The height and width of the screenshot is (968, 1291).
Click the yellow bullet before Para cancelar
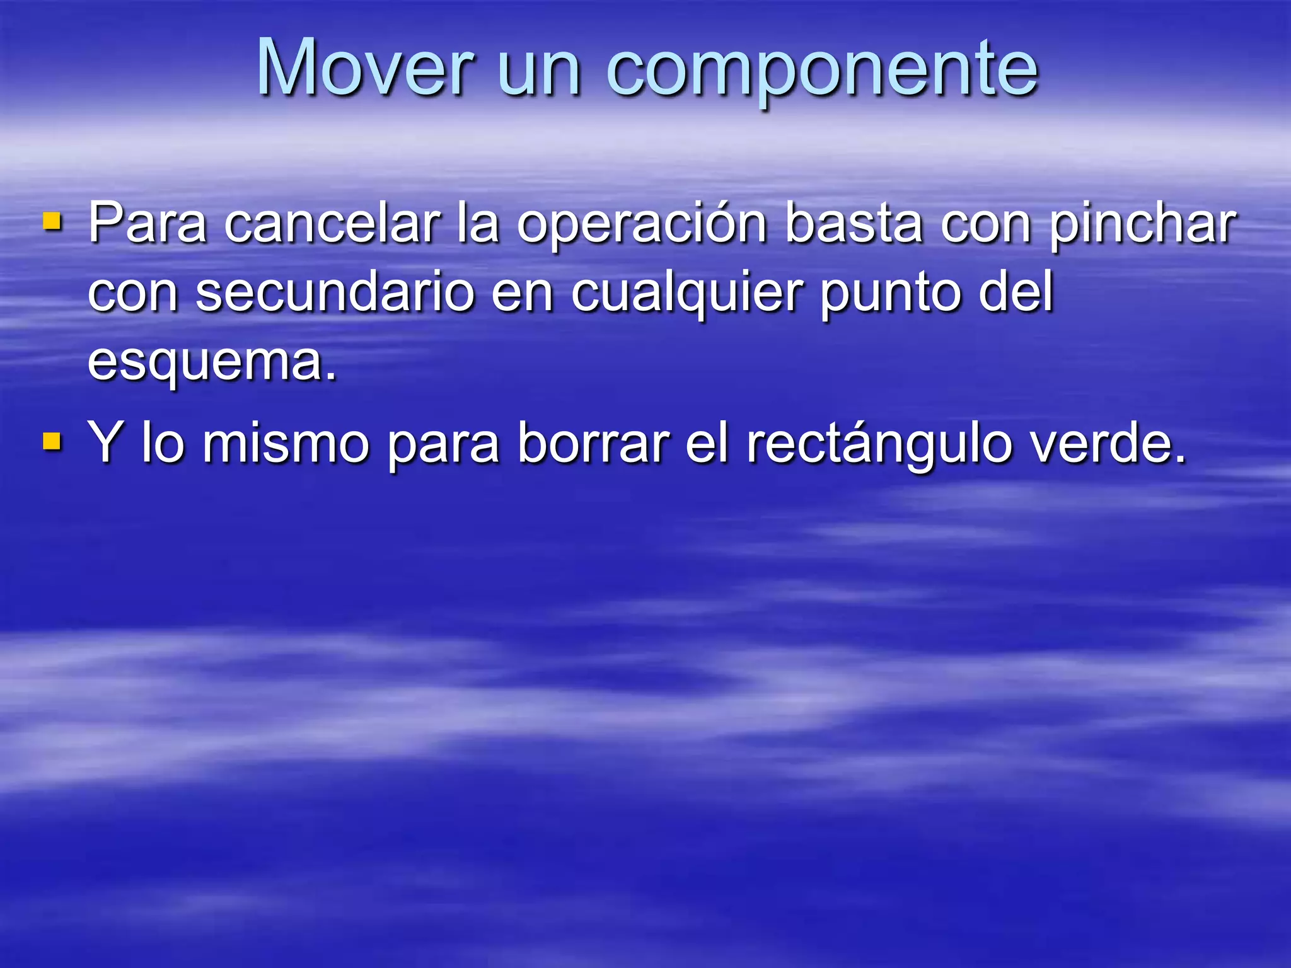pyautogui.click(x=52, y=221)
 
